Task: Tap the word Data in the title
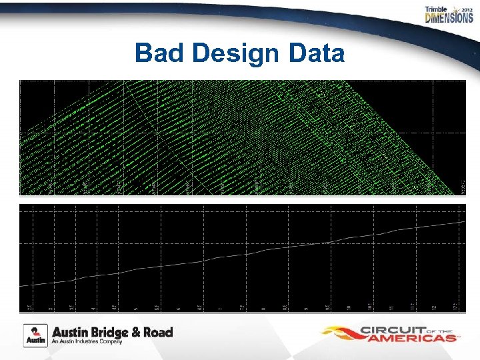pyautogui.click(x=314, y=53)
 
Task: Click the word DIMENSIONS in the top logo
pyautogui.click(x=449, y=18)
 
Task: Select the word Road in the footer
pyautogui.click(x=157, y=331)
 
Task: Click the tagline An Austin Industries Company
pyautogui.click(x=87, y=341)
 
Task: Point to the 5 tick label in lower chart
pyautogui.click(x=135, y=308)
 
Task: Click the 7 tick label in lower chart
pyautogui.click(x=220, y=308)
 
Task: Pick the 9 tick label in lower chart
pyautogui.click(x=305, y=308)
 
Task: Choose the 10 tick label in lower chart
pyautogui.click(x=348, y=307)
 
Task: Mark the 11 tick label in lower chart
pyautogui.click(x=391, y=307)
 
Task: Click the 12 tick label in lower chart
pyautogui.click(x=433, y=307)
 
